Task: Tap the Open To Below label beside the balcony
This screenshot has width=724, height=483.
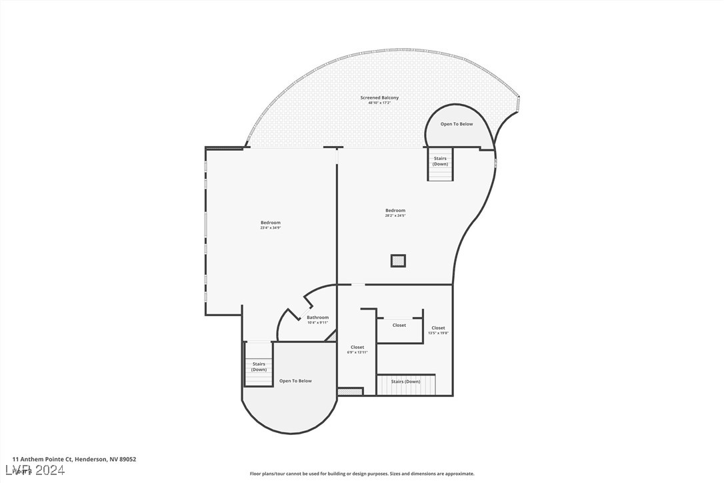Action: tap(457, 124)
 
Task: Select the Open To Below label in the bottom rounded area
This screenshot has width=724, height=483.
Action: tap(295, 381)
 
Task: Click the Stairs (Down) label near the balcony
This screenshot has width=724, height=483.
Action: tap(440, 161)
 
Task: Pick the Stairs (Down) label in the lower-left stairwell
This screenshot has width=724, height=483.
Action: tap(259, 366)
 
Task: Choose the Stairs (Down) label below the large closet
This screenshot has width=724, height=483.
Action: tap(405, 382)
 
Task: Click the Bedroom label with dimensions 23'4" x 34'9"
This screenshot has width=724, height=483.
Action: tap(271, 223)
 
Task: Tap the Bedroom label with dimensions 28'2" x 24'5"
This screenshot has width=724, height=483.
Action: tap(395, 211)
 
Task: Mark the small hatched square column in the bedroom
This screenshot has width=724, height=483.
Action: tap(398, 261)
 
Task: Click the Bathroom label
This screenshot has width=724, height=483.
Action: tap(317, 318)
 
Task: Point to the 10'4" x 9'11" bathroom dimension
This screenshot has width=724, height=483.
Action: tap(317, 323)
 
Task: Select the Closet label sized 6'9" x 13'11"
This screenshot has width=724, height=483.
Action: tap(357, 348)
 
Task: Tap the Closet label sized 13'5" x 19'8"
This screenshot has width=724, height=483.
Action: tap(438, 328)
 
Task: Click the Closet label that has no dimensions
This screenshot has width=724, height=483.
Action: tap(399, 326)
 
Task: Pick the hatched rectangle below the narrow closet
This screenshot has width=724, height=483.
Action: tap(350, 392)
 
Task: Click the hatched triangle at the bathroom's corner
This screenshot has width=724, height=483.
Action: tap(331, 336)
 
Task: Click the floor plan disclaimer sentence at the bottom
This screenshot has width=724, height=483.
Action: tap(362, 474)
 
